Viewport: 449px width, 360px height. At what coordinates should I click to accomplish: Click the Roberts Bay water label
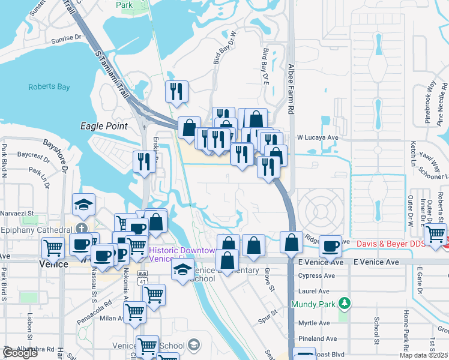49,87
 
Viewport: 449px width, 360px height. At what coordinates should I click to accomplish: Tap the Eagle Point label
104,126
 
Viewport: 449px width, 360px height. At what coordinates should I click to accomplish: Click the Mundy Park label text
311,304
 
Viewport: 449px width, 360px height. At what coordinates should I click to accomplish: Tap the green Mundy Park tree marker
343,303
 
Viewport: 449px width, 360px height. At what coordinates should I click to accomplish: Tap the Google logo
20,353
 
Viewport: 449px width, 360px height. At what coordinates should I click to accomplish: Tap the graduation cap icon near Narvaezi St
84,204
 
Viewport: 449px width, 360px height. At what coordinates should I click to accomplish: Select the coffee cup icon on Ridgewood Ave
330,245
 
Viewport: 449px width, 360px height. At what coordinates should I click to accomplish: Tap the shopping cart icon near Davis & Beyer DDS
435,233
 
